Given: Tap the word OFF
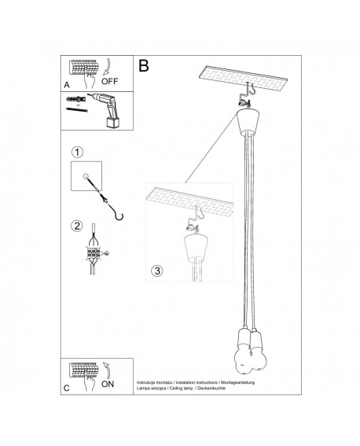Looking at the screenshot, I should pyautogui.click(x=112, y=80).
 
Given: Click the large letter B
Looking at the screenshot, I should pyautogui.click(x=144, y=66).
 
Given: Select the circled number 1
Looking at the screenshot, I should pyautogui.click(x=76, y=151).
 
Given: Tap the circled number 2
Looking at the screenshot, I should pyautogui.click(x=76, y=227).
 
